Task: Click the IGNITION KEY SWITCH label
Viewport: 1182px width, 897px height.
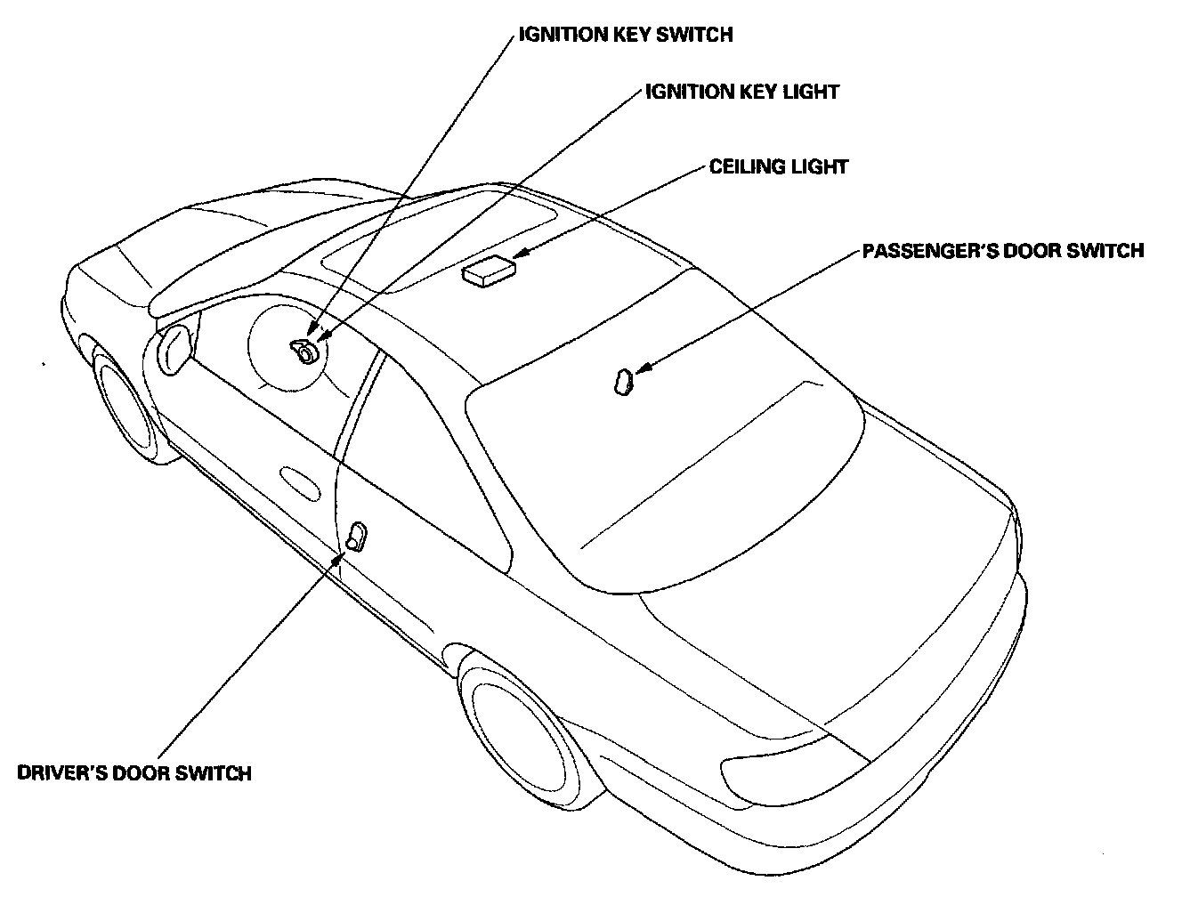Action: point(626,35)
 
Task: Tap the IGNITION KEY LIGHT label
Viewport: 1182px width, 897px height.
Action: point(741,92)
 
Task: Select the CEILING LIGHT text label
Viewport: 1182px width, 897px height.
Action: point(778,166)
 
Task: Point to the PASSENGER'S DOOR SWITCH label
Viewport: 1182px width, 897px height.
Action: point(1003,251)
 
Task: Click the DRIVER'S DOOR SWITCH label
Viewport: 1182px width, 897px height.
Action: point(134,772)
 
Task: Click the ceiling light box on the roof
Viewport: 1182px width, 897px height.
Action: point(489,270)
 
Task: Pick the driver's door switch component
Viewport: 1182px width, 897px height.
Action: point(356,537)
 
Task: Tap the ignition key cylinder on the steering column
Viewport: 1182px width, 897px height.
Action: point(304,352)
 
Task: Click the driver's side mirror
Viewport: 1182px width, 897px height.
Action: point(174,348)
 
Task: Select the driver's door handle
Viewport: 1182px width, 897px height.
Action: point(300,481)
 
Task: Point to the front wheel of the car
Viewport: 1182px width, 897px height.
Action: point(124,405)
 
